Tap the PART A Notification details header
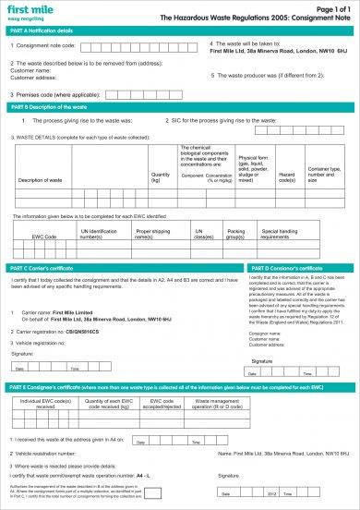pos(42,30)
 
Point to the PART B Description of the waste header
pos(46,109)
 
